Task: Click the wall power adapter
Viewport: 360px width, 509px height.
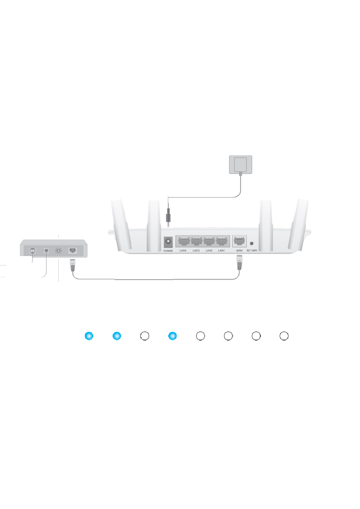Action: click(x=241, y=165)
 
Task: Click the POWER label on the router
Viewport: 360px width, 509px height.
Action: click(x=168, y=251)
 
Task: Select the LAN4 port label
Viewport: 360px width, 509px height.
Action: click(x=183, y=251)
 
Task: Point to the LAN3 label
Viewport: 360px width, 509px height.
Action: click(x=196, y=251)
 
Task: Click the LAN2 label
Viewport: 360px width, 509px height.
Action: click(x=209, y=251)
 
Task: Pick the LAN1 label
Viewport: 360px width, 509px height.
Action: click(x=222, y=251)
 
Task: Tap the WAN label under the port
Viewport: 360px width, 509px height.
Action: click(x=239, y=251)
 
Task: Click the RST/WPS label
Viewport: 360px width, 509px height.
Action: click(x=252, y=251)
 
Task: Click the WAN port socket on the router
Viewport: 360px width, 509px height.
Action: click(x=239, y=241)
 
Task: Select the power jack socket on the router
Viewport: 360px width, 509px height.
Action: click(x=168, y=241)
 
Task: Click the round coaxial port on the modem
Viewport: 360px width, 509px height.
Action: click(x=58, y=250)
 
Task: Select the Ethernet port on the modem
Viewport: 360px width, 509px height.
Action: click(x=73, y=250)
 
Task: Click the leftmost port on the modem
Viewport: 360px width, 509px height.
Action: click(x=33, y=250)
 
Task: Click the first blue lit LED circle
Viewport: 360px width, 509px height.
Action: click(x=89, y=336)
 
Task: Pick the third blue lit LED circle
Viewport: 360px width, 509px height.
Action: click(x=172, y=336)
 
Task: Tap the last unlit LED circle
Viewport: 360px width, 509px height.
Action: click(x=284, y=336)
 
